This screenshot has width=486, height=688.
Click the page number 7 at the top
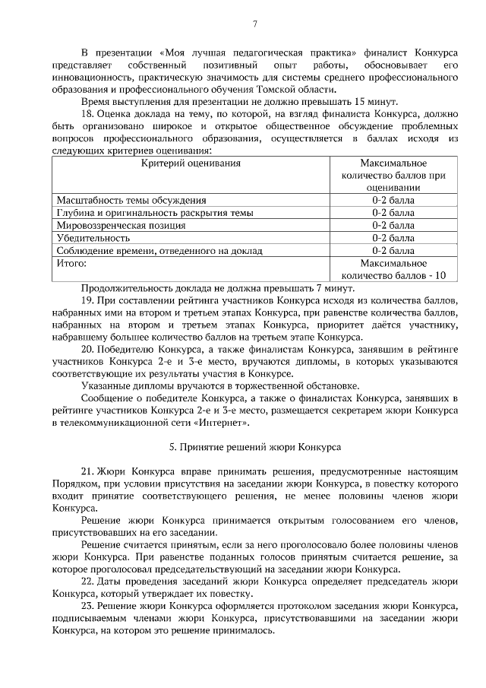[x=255, y=24]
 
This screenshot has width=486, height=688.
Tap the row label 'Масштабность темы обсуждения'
[x=131, y=200]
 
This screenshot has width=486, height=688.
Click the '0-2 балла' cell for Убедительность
[x=393, y=238]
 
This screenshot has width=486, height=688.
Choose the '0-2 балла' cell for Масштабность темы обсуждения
[x=393, y=200]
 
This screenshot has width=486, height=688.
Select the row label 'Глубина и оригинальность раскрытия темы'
[x=155, y=213]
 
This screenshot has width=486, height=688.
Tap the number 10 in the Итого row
[x=440, y=275]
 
